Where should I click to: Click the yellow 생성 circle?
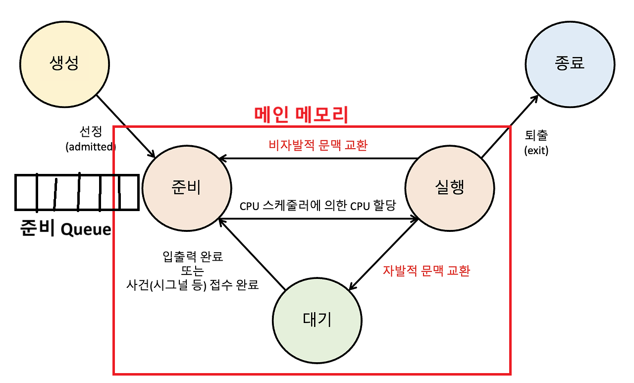click(65, 63)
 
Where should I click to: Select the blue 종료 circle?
click(570, 63)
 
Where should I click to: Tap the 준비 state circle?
click(186, 188)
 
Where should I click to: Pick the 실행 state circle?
click(450, 188)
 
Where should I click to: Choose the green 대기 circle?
click(317, 320)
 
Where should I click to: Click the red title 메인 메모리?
click(302, 115)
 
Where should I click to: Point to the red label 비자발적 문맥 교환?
click(317, 145)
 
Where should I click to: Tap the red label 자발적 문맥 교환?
click(426, 271)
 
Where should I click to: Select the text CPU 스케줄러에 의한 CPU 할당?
click(317, 206)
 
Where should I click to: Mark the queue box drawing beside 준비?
click(77, 192)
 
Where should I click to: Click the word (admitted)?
click(90, 147)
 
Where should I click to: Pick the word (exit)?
click(536, 151)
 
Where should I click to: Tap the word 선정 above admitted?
click(90, 132)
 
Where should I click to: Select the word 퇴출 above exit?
click(536, 135)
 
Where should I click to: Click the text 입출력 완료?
click(193, 257)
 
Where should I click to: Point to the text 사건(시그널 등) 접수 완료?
click(193, 285)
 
